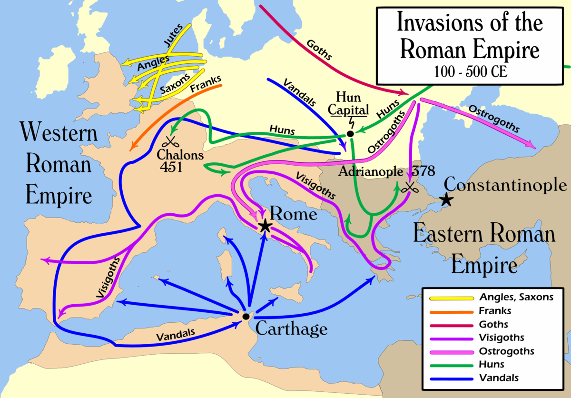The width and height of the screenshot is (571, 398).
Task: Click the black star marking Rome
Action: (265, 226)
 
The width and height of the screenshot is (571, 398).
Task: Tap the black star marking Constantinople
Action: (446, 200)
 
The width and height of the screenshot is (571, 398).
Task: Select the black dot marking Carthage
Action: (246, 316)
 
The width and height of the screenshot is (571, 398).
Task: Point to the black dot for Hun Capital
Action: (350, 134)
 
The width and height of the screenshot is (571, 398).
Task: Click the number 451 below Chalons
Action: (170, 167)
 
